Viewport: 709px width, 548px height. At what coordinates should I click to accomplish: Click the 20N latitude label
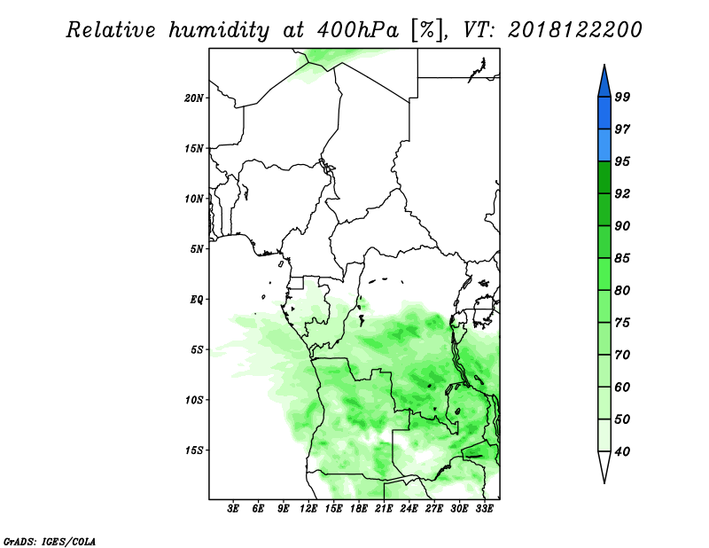[194, 98]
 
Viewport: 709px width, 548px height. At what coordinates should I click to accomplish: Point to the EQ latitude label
[197, 300]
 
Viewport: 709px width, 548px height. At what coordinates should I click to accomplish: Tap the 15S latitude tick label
[194, 450]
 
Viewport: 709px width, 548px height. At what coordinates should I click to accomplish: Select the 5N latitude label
[197, 249]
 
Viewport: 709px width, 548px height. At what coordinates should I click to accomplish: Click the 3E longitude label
[232, 508]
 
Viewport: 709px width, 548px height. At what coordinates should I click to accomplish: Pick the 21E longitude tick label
[384, 508]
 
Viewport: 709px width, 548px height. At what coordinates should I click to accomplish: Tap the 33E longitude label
[484, 508]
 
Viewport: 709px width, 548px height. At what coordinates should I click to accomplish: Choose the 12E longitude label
[308, 508]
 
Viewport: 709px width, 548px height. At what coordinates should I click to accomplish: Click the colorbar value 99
[622, 97]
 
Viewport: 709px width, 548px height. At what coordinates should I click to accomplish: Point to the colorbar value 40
[622, 451]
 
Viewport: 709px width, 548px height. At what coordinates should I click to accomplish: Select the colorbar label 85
[622, 258]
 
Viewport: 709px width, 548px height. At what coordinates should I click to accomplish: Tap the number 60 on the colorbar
[622, 387]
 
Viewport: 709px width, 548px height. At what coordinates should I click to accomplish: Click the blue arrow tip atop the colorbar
[604, 65]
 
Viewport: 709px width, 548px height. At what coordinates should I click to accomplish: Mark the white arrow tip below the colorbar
[604, 483]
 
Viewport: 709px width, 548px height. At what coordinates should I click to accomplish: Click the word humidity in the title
[219, 30]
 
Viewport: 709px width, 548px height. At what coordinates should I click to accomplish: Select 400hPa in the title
[358, 30]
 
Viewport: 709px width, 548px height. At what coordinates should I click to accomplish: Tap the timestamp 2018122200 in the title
[574, 30]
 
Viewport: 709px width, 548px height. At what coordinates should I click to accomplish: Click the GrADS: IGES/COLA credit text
[50, 541]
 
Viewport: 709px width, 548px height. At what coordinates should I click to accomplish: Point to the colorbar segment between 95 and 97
[604, 145]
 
